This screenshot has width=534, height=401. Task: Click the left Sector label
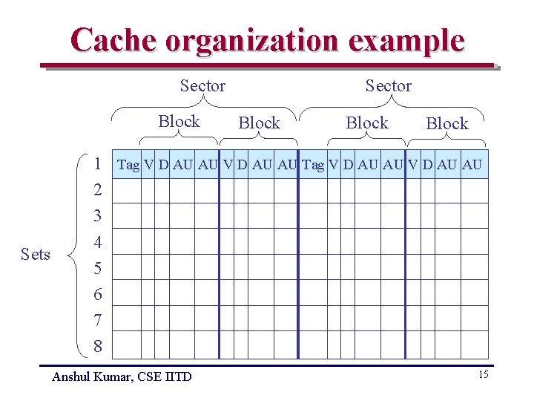coord(202,86)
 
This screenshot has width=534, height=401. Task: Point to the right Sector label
coord(388,86)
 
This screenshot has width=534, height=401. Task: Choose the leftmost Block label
coord(179,122)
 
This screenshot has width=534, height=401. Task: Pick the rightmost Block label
coord(447,124)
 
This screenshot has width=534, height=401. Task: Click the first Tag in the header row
coord(128,165)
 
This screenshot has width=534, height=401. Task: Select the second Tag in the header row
coord(313,165)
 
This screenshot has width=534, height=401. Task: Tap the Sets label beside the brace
coord(36,255)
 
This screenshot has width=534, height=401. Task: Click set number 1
coord(98,164)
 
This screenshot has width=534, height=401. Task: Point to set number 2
coord(98,191)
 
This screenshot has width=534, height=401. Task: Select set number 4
coord(98,243)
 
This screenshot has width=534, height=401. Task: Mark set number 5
coord(98,269)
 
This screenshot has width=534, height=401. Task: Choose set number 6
coord(98,295)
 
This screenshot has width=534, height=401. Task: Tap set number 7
coord(98,321)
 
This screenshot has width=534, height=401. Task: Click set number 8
coord(98,347)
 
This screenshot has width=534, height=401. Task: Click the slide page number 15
coord(483,374)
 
